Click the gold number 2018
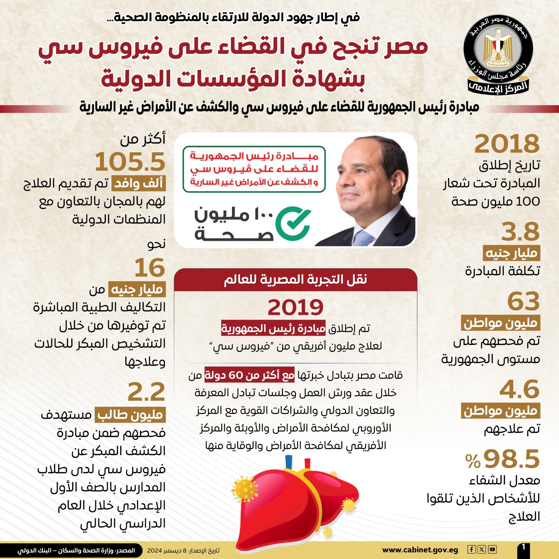pyautogui.click(x=507, y=144)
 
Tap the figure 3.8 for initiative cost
pyautogui.click(x=520, y=232)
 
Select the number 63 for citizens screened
pyautogui.click(x=523, y=301)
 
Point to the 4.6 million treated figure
pyautogui.click(x=520, y=389)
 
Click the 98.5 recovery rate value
pyautogui.click(x=512, y=459)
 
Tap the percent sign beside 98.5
pyautogui.click(x=473, y=461)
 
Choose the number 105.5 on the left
pyautogui.click(x=130, y=162)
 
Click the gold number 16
pyautogui.click(x=150, y=268)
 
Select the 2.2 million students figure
pyautogui.click(x=146, y=392)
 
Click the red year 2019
pyautogui.click(x=296, y=307)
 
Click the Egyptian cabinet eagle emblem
pyautogui.click(x=498, y=49)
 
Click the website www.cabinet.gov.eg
pyautogui.click(x=420, y=550)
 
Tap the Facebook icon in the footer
pyautogui.click(x=471, y=550)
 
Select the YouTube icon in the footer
pyautogui.click(x=492, y=550)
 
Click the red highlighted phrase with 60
pyautogui.click(x=249, y=375)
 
